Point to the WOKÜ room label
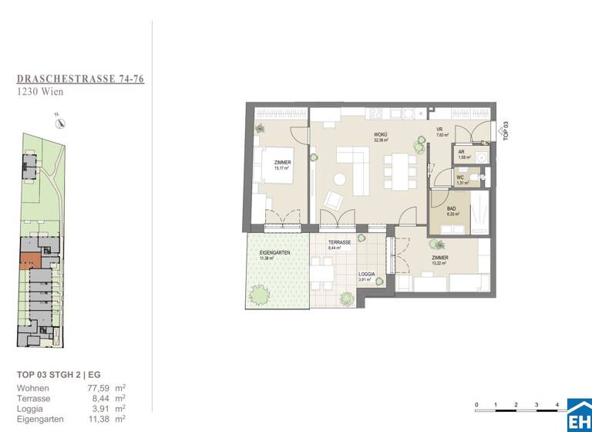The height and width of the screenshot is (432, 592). point(380,137)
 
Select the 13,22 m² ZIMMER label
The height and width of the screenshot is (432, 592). point(440,259)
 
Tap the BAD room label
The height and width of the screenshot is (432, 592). point(452,209)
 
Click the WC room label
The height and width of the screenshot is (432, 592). point(460,180)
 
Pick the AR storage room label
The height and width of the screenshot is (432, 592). point(461,154)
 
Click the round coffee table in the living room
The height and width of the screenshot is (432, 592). point(338,180)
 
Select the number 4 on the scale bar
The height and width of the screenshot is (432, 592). point(557,404)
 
